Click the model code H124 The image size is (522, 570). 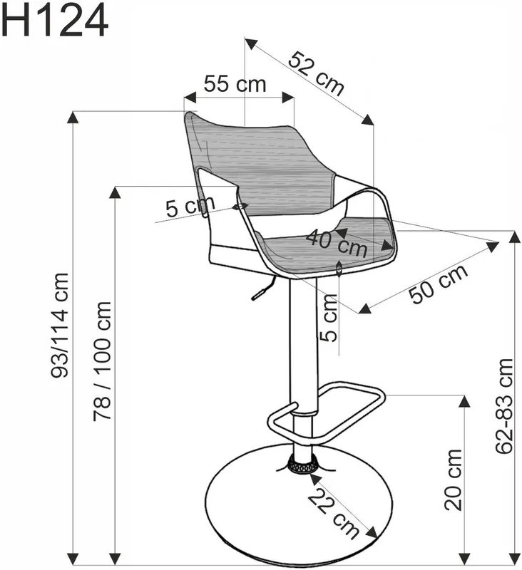coord(55,21)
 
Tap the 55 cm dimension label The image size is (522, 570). coord(235,83)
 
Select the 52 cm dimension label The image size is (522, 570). coord(316,74)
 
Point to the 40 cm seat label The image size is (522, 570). coord(337,243)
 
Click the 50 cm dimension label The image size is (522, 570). coord(439,284)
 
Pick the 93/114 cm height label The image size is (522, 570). coord(59,326)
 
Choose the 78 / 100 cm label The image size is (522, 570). coord(102,361)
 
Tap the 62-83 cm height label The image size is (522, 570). coord(504,405)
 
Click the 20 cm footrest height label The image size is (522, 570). coord(453,480)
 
